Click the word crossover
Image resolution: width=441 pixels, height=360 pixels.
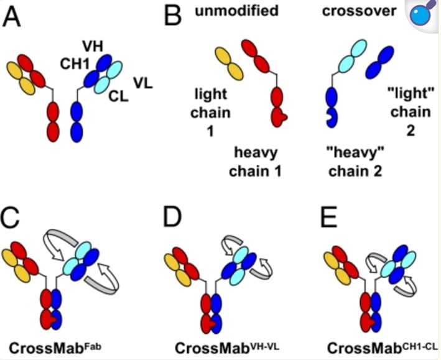[360, 12]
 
